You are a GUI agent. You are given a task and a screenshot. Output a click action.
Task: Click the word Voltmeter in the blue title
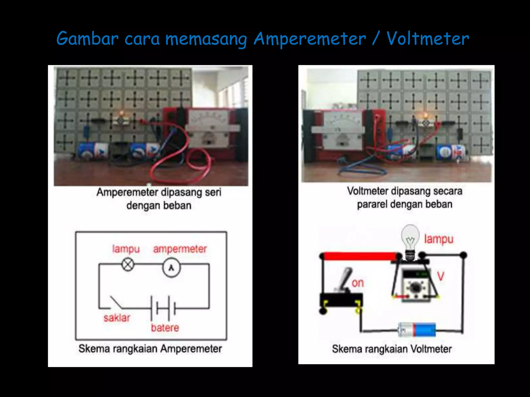coord(428,39)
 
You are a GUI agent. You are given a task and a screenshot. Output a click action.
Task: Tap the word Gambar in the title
coord(87,39)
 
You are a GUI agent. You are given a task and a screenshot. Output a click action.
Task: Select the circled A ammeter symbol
coord(171,268)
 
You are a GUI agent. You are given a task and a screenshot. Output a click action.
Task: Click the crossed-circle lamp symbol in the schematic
coord(128,265)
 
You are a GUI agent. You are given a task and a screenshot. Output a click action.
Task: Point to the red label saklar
coord(117,318)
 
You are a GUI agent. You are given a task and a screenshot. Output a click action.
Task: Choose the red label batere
coord(165,328)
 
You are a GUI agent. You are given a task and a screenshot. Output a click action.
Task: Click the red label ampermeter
coord(180,249)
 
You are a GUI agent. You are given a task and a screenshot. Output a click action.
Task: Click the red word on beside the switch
coord(358,283)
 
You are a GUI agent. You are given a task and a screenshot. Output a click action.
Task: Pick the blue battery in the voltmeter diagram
coord(417,330)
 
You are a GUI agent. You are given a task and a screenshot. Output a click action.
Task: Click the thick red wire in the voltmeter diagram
coord(360,256)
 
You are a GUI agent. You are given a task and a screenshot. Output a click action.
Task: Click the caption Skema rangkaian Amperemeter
coord(150,349)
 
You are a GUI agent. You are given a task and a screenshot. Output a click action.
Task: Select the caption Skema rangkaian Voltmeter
coord(392,349)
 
